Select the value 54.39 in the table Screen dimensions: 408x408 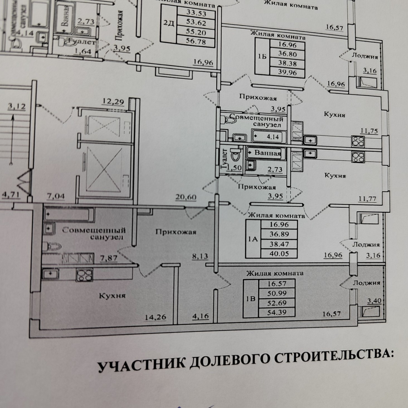click(x=277, y=312)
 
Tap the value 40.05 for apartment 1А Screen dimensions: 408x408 click(x=279, y=254)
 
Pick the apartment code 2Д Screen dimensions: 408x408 click(x=169, y=23)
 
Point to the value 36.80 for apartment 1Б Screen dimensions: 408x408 click(x=287, y=54)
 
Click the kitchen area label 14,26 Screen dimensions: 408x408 click(x=156, y=317)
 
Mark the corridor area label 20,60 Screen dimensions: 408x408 click(x=186, y=197)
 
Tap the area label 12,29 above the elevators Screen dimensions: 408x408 click(x=113, y=102)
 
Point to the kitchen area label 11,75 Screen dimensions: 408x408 click(x=369, y=131)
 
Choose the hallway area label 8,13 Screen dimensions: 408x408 click(x=200, y=256)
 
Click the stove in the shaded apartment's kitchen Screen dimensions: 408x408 click(x=84, y=275)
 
